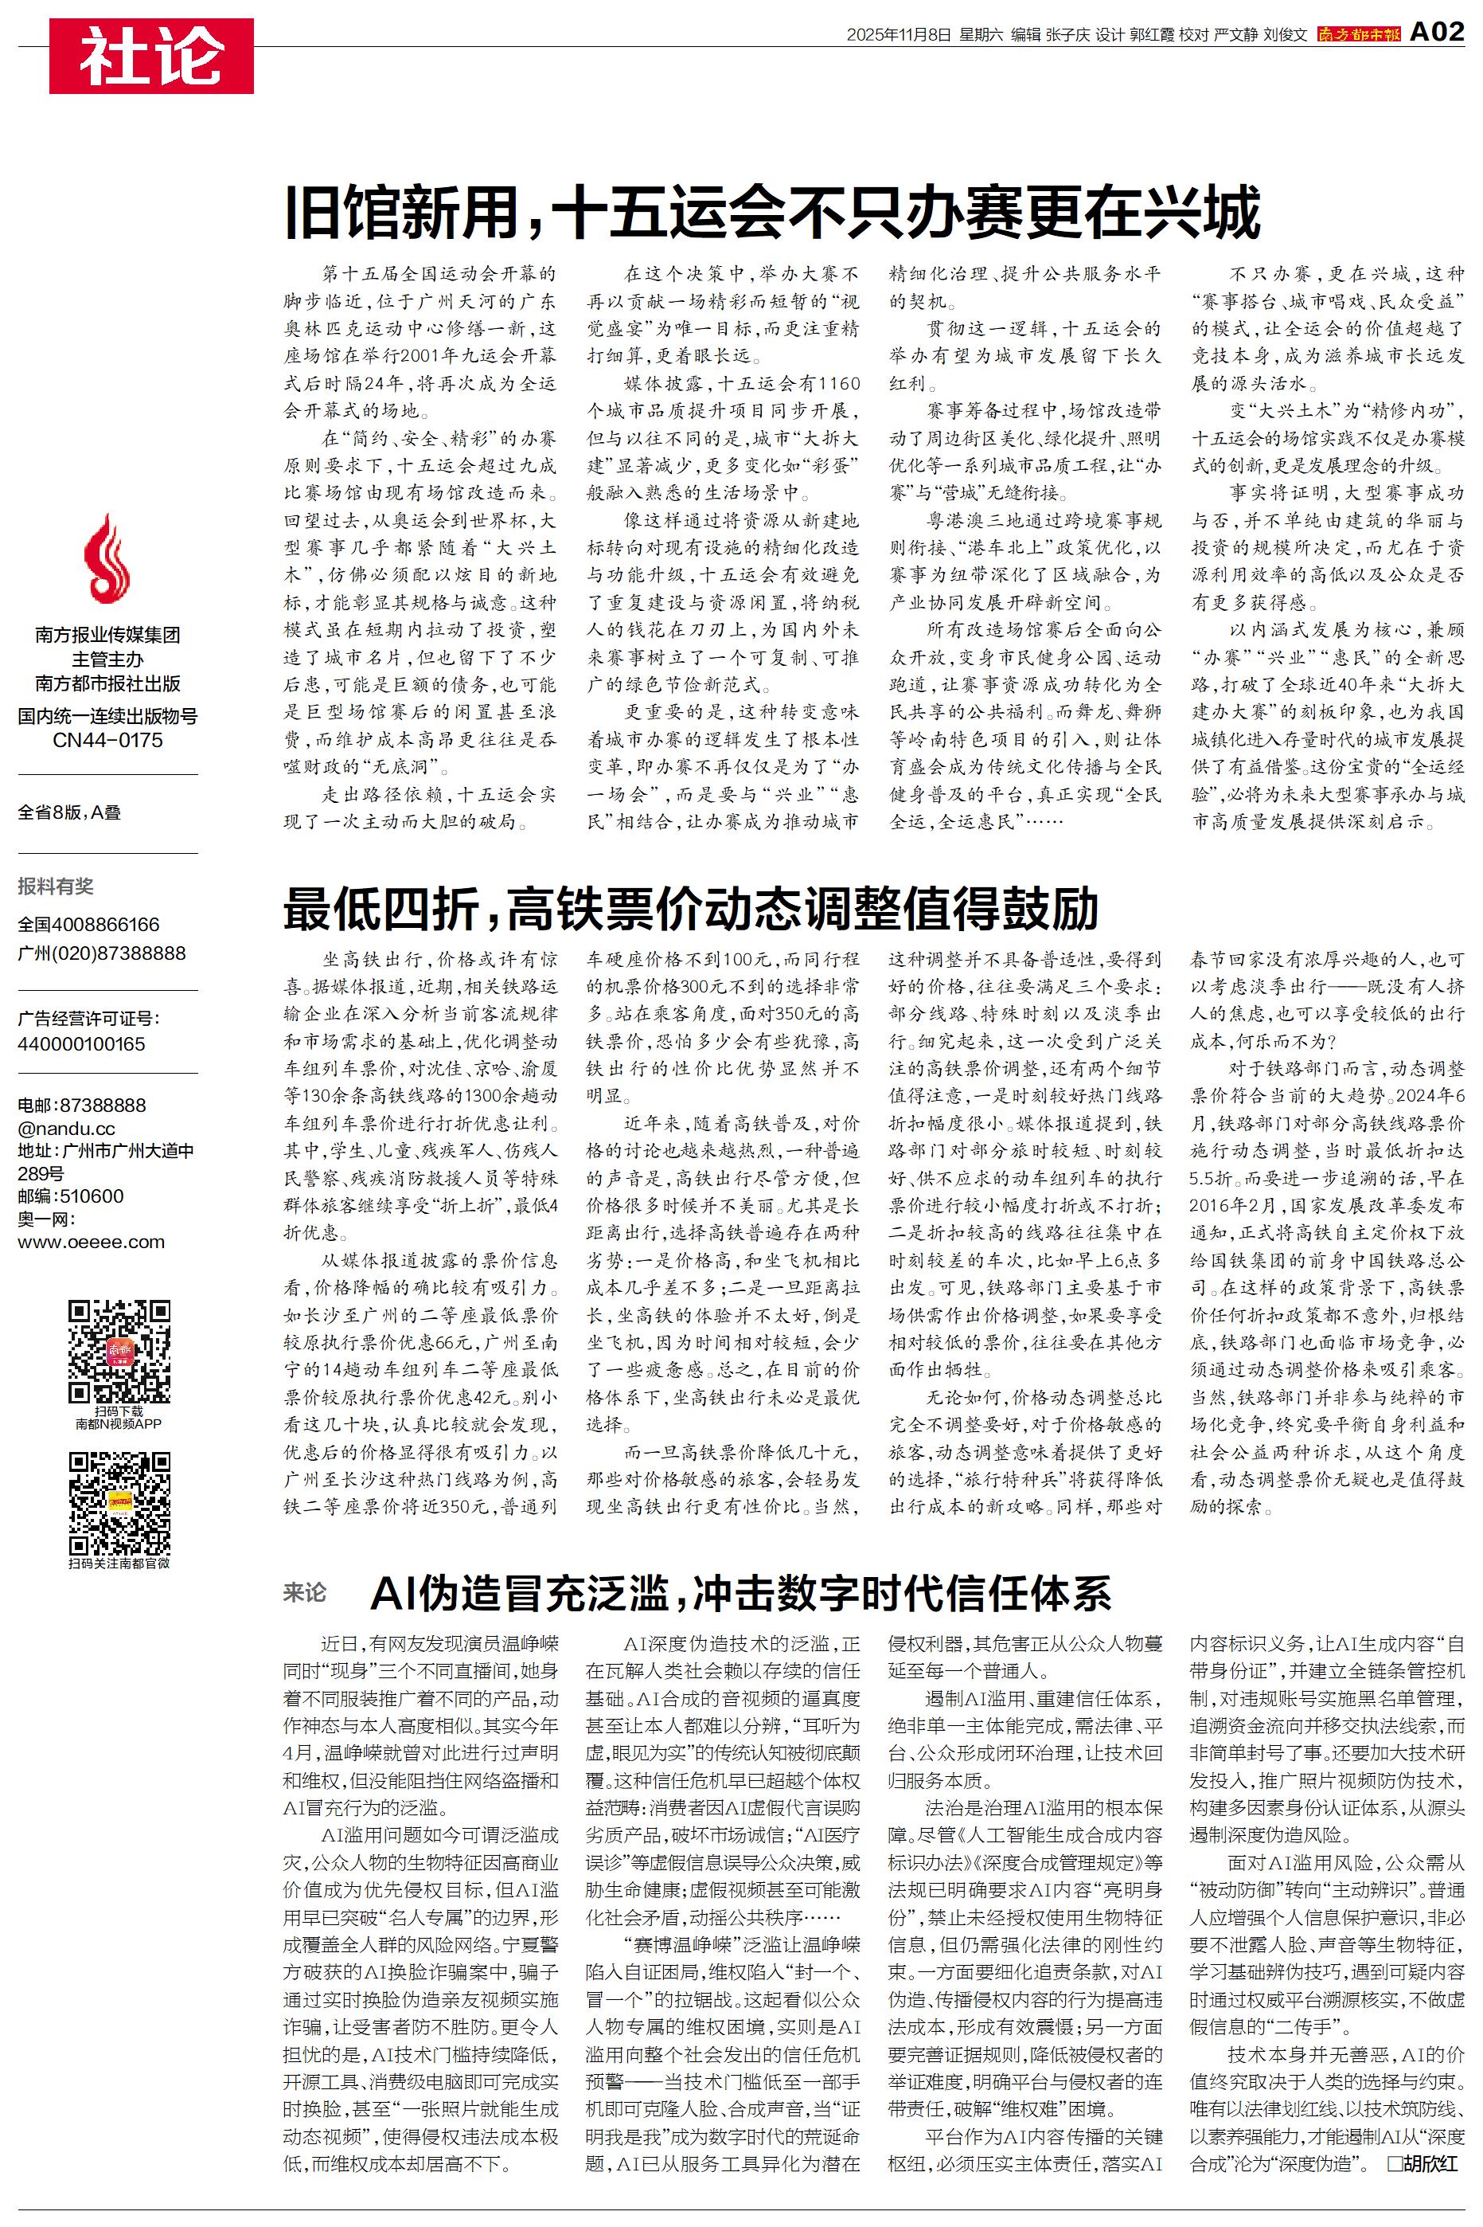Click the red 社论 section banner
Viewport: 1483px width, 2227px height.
click(x=151, y=56)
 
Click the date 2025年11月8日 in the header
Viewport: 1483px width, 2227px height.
click(x=898, y=35)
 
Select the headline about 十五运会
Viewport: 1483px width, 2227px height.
click(x=772, y=213)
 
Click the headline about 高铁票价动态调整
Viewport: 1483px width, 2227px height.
click(x=690, y=908)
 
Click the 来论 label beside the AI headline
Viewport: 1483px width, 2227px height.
click(x=305, y=1593)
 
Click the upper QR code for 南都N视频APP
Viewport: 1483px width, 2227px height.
click(x=119, y=1351)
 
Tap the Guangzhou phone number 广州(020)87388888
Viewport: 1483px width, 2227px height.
click(x=102, y=953)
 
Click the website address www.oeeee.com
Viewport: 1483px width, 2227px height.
click(x=91, y=1243)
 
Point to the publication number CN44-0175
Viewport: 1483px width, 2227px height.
click(x=107, y=740)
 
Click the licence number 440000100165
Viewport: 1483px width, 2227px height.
click(x=81, y=1044)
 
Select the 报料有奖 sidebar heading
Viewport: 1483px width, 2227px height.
click(x=56, y=886)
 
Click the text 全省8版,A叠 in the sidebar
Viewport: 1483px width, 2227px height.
click(x=69, y=812)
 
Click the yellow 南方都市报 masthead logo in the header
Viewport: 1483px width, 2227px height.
click(x=1359, y=34)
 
